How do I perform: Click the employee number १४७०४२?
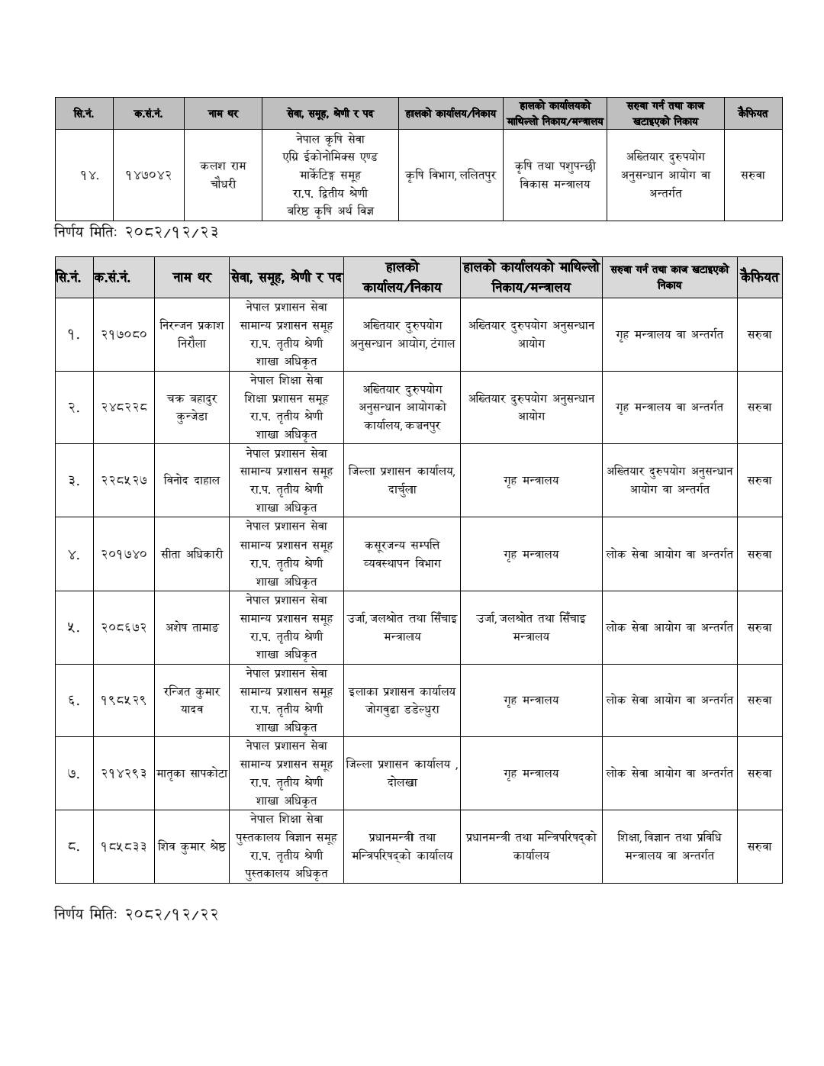coord(149,175)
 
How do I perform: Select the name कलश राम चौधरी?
coord(223,175)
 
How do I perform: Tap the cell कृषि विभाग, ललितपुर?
coord(450,175)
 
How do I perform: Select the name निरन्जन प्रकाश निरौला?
coord(192,334)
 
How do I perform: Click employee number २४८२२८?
coord(124,407)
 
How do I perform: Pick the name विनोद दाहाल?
coord(192,480)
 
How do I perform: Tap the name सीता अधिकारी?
coord(192,554)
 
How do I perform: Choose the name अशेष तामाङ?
coord(192,627)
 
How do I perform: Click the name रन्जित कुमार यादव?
coord(192,700)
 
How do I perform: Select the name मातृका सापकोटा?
coord(192,773)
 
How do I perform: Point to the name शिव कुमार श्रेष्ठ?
coord(192,846)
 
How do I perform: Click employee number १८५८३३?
coord(124,846)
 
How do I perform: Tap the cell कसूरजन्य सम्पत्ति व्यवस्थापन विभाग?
coord(402,554)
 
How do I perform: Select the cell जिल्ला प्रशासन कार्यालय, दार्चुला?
coord(402,480)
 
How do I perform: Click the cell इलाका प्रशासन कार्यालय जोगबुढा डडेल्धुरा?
coord(402,700)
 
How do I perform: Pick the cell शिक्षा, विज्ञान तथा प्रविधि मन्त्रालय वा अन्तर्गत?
coord(669,846)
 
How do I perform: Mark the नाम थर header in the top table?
coord(223,114)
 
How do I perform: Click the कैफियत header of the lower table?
coord(759,277)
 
